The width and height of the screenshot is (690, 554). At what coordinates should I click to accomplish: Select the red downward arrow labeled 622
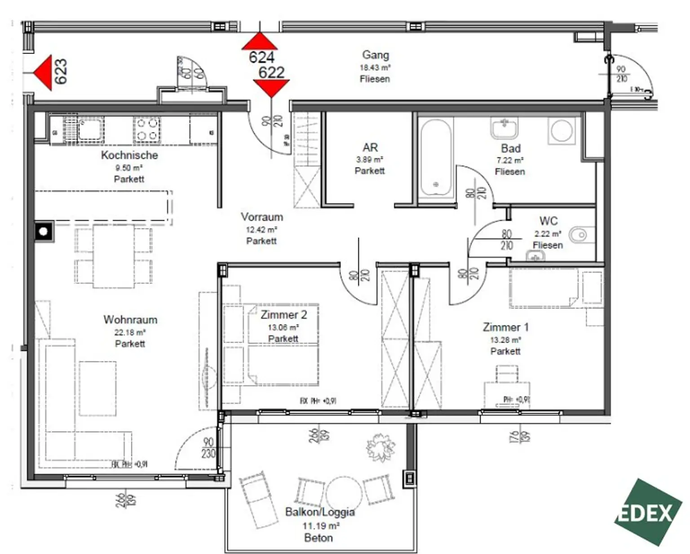pos(271,87)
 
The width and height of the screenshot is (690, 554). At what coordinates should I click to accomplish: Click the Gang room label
pos(375,55)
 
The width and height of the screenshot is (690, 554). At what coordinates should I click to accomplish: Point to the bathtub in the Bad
pos(435,157)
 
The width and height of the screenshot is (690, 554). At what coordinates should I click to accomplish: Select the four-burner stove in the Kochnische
pos(147,129)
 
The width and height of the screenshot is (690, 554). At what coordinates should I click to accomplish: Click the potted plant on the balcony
pos(381,447)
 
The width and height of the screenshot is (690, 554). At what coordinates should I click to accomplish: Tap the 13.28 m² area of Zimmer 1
pos(505,340)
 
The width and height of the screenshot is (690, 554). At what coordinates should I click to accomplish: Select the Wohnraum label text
pos(130,320)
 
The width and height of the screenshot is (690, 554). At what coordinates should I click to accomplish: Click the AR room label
pos(370,147)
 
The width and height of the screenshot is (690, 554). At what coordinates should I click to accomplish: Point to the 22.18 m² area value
pos(130,333)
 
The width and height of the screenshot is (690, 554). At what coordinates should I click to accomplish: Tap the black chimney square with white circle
pos(44,232)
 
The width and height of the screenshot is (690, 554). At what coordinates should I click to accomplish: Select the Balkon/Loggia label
pos(319,512)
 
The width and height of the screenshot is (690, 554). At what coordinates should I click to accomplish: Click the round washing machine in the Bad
pos(562,131)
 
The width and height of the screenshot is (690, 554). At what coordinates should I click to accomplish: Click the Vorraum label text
pos(262,217)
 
